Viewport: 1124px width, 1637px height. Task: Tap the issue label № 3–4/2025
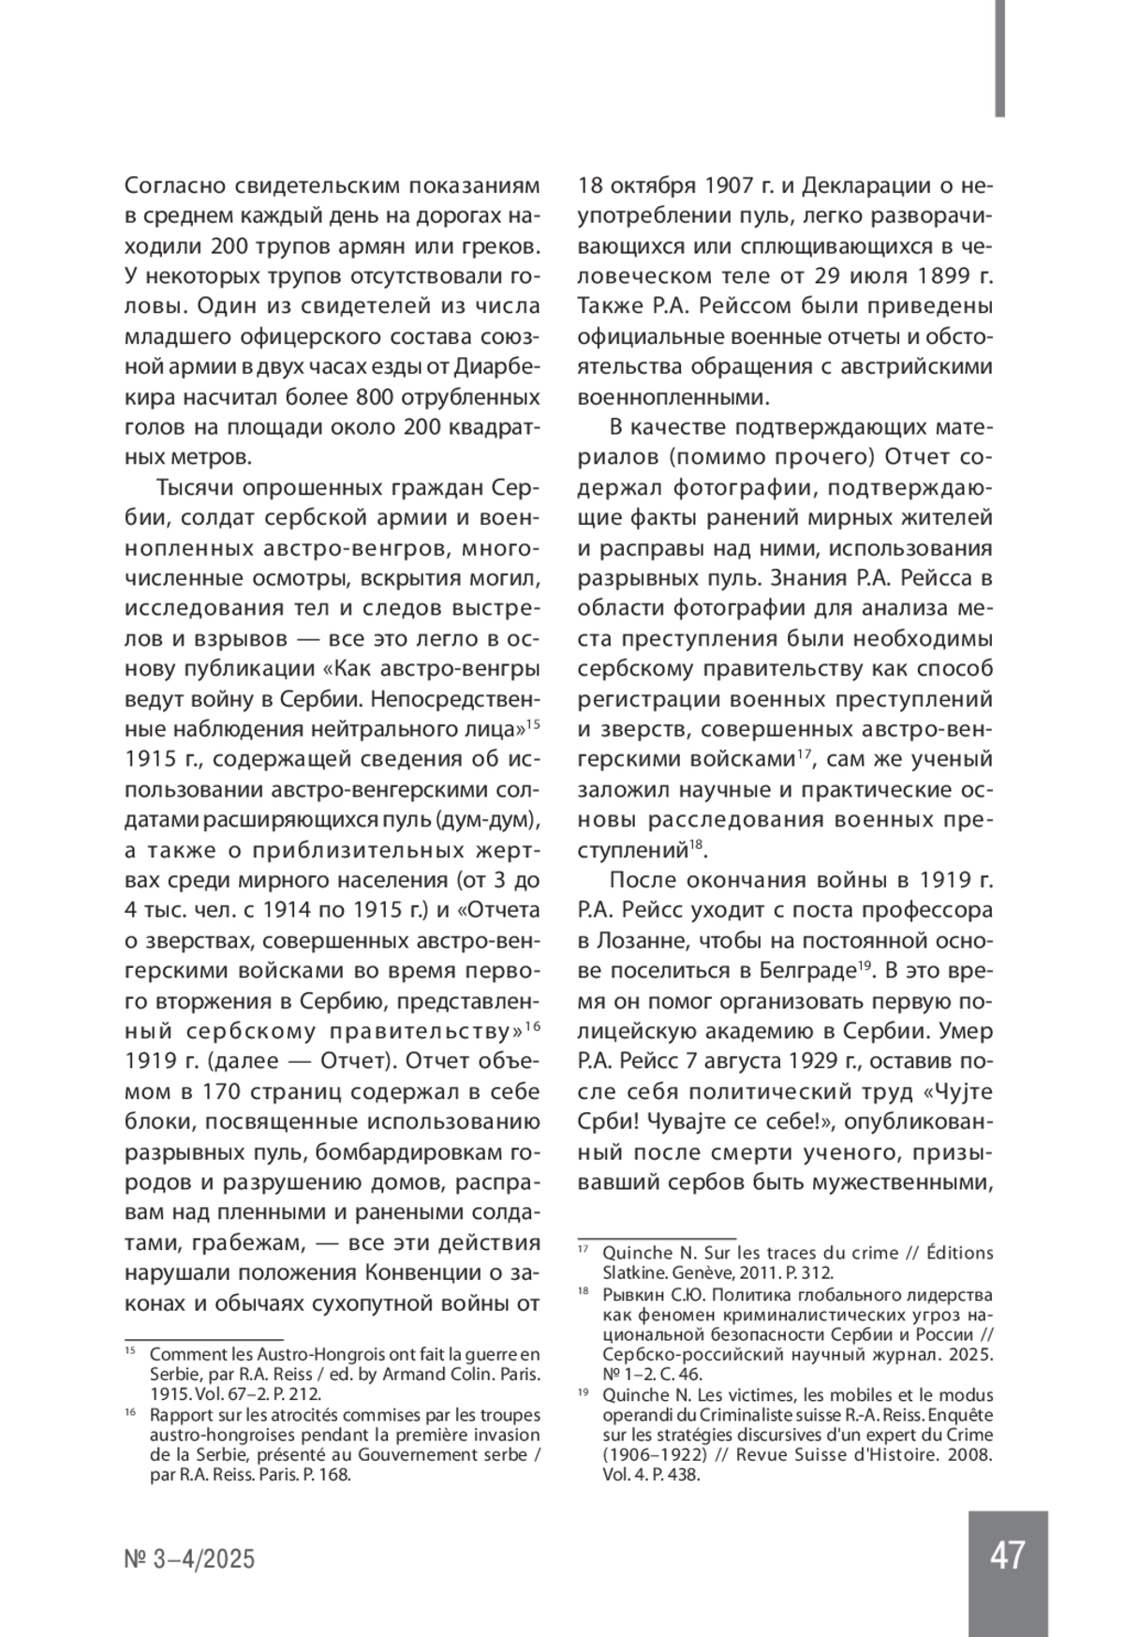point(190,1559)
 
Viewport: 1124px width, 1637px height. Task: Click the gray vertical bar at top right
point(1000,58)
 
